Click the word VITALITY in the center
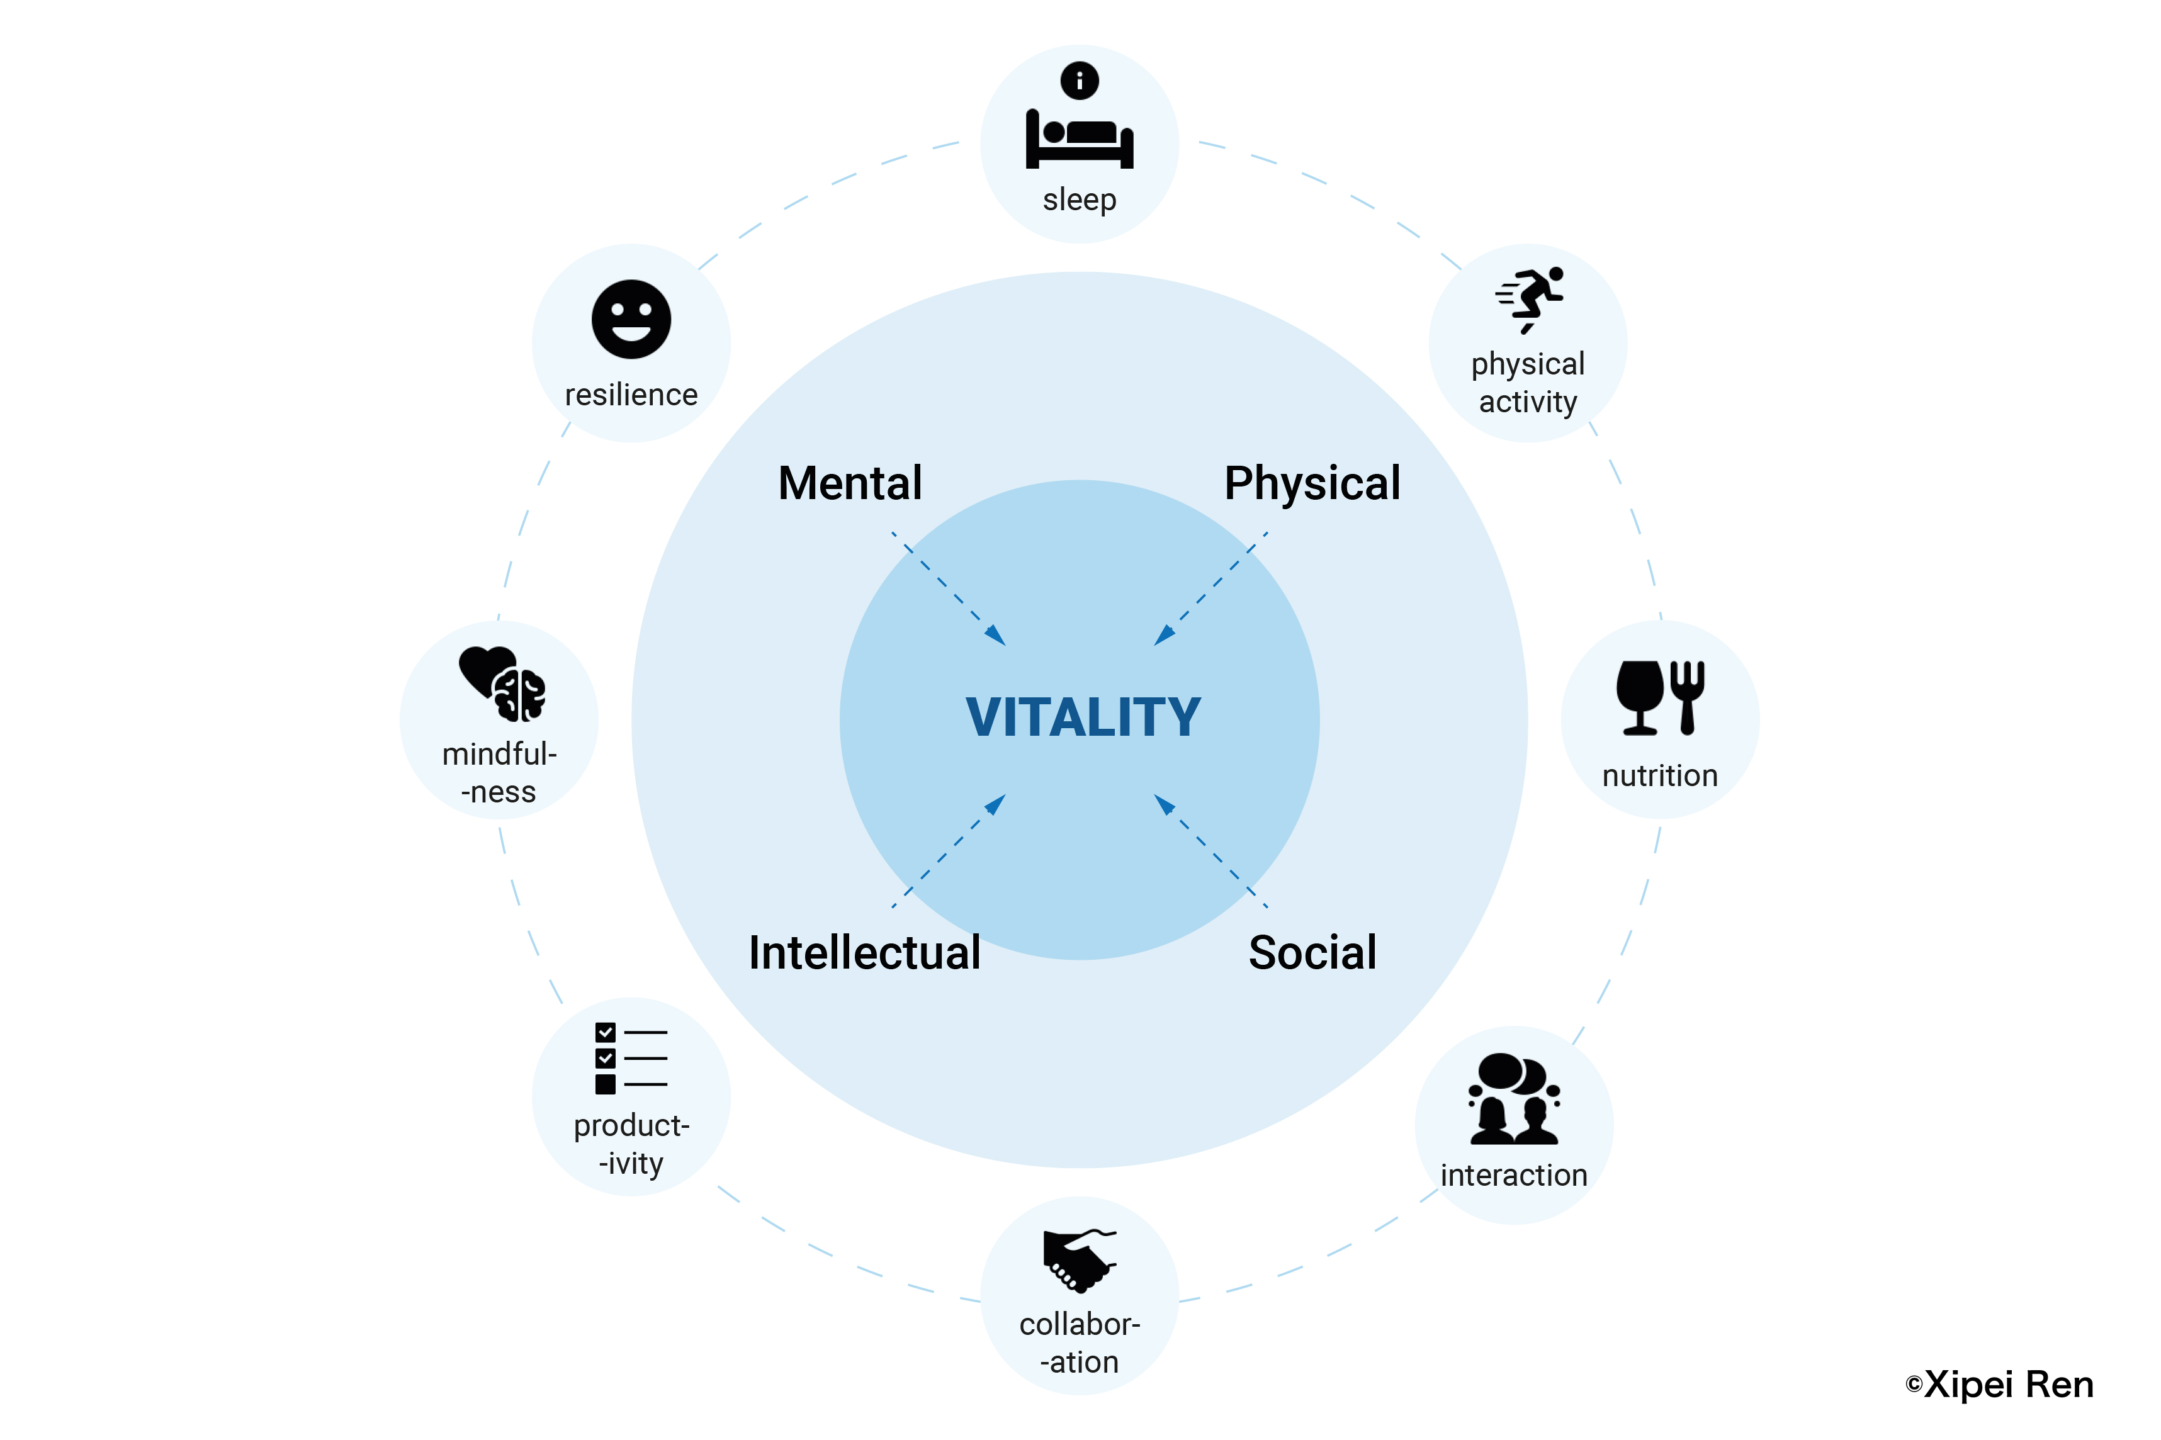[1083, 717]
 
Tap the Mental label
[850, 483]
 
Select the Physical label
[1312, 484]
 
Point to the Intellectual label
[864, 952]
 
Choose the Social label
[1312, 952]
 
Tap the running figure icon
[1529, 300]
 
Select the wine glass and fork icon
[1659, 698]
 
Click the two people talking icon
[1513, 1098]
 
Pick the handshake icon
[1079, 1260]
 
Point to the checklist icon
[631, 1058]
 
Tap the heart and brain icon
[502, 683]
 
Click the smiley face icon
[631, 320]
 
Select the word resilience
[631, 395]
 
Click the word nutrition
[1659, 776]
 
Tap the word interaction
[1513, 1176]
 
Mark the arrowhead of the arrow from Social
[1165, 804]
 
